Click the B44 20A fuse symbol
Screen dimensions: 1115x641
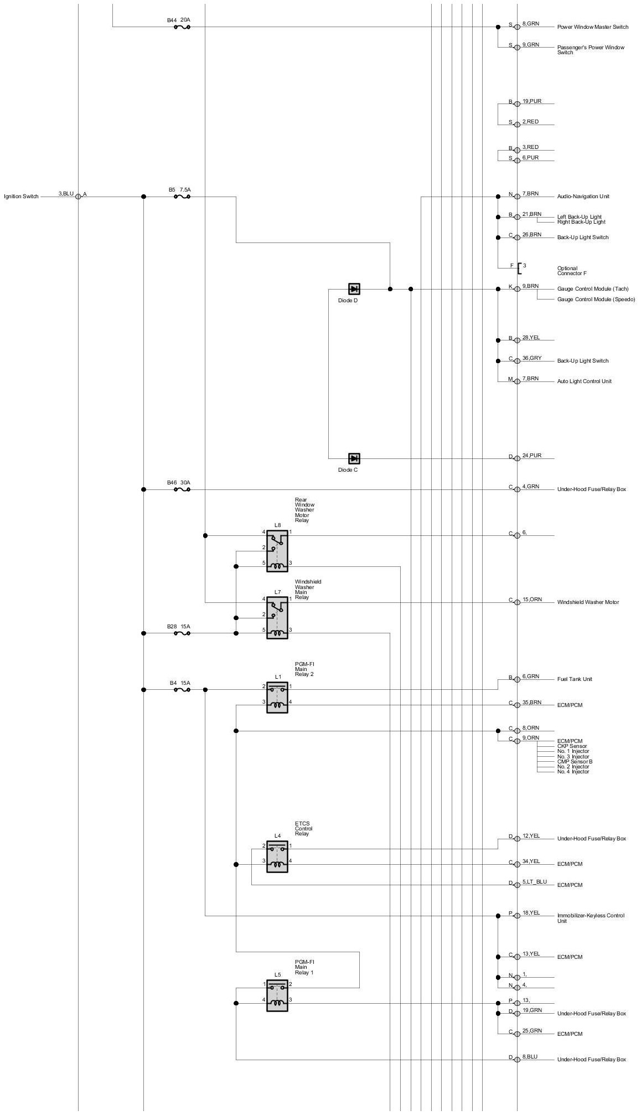pos(182,26)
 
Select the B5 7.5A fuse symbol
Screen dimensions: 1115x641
pos(182,196)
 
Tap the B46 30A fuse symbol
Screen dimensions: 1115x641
pos(182,489)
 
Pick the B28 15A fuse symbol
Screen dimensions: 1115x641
pos(182,633)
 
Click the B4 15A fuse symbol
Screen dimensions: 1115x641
pos(182,689)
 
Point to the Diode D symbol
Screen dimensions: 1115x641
pos(354,288)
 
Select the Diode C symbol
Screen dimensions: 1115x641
pos(354,458)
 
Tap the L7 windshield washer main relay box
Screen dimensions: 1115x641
pos(277,617)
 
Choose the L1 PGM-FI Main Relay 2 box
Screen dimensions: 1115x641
pos(277,696)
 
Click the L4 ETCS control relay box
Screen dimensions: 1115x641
pos(277,856)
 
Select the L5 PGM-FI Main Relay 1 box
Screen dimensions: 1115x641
pos(277,995)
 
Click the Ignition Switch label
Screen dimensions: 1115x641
pos(22,197)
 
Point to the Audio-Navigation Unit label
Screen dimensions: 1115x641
pos(583,197)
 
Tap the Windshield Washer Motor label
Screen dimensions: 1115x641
pos(588,602)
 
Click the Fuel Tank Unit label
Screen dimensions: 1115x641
pos(575,679)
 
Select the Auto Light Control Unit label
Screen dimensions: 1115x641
pos(584,381)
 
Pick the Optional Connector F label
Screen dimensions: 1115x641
pos(571,271)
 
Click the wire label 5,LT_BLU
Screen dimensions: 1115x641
pos(534,881)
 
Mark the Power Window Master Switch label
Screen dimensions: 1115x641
pos(592,27)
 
